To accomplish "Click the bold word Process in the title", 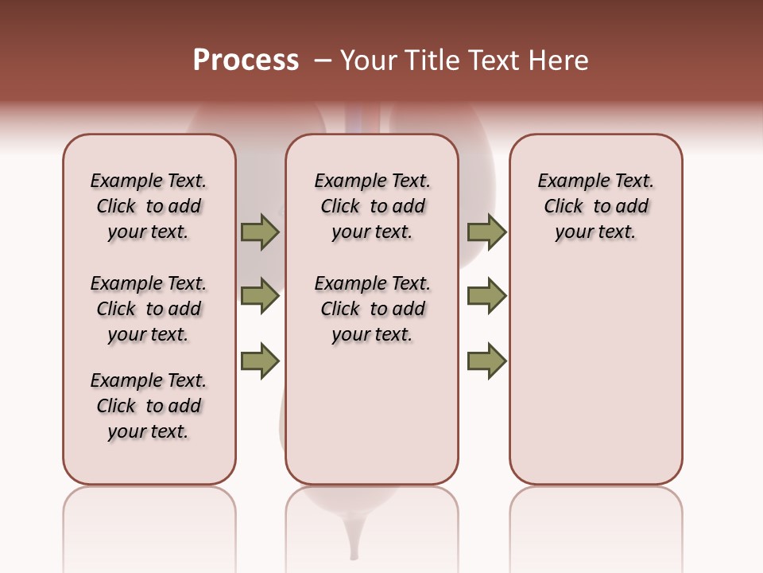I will click(x=246, y=60).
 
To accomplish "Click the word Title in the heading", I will click(x=434, y=60).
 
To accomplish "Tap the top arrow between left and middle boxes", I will click(x=260, y=232).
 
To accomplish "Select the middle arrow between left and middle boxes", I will click(x=260, y=296).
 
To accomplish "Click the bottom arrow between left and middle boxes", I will click(x=260, y=361).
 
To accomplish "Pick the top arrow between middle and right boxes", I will click(x=486, y=232).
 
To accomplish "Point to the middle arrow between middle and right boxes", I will click(x=486, y=296).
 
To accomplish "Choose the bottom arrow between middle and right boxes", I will click(x=486, y=361).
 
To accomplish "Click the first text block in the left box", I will click(x=149, y=206).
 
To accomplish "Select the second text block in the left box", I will click(x=149, y=309).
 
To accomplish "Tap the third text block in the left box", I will click(x=149, y=406).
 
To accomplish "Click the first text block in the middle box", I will click(x=372, y=206).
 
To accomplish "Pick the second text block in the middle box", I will click(x=372, y=309).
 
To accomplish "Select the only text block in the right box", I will click(x=595, y=206).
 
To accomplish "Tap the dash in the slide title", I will click(x=323, y=60).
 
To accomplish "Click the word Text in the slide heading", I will click(x=494, y=60).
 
